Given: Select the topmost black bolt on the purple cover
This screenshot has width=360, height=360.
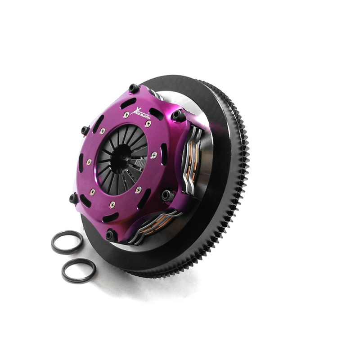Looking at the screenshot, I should pyautogui.click(x=133, y=88).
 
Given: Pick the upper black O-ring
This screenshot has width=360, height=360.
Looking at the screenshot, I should pyautogui.click(x=67, y=242).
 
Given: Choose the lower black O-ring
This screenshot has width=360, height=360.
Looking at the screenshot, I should pyautogui.click(x=78, y=270).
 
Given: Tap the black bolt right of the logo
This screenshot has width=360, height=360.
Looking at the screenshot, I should pyautogui.click(x=178, y=115).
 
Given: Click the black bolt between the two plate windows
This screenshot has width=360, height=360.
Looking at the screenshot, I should pyautogui.click(x=168, y=195).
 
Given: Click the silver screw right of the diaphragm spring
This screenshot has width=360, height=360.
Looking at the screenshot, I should pyautogui.click(x=153, y=155).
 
